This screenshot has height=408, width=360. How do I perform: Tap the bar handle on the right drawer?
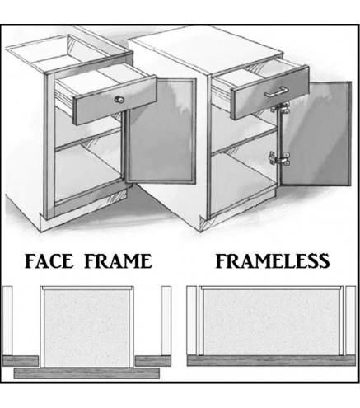click(x=275, y=93)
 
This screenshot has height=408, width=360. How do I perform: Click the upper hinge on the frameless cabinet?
click(x=283, y=109)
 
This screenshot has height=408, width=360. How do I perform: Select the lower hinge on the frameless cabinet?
click(x=278, y=159)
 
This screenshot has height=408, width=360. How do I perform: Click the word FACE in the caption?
click(x=54, y=262)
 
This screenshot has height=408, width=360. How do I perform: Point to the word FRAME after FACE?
click(x=120, y=262)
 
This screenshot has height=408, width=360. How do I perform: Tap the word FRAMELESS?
click(x=273, y=262)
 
